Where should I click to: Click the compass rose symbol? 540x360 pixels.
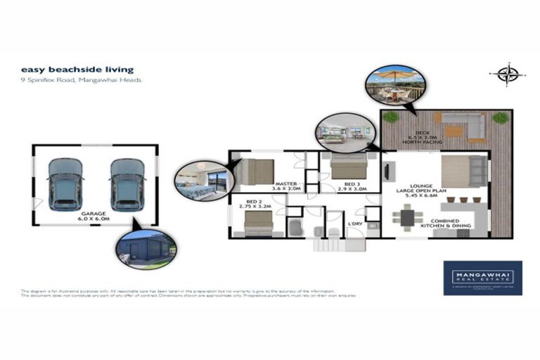pos(508,75)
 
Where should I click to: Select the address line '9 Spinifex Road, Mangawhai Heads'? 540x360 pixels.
pos(81,80)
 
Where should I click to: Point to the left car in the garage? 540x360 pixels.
pos(65,184)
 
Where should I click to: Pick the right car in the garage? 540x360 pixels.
pos(127,184)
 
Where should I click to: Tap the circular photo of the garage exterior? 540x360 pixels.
pos(146,250)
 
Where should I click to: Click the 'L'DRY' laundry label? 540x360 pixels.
pos(354,224)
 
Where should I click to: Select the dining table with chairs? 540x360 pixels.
pos(408,217)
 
